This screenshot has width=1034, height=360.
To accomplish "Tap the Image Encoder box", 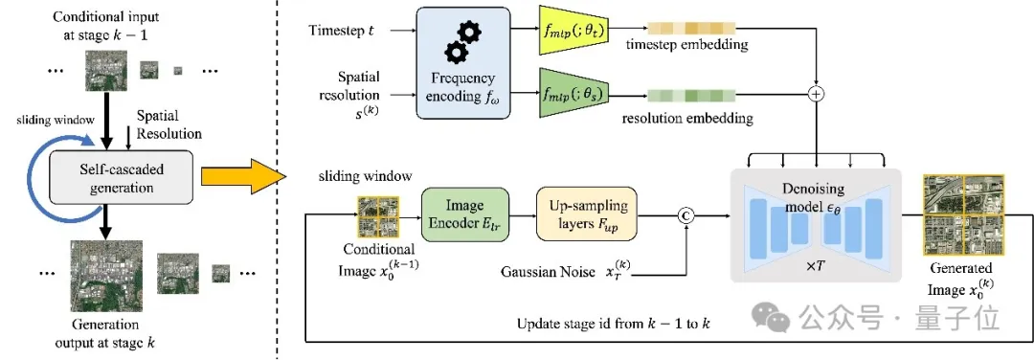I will tap(463, 214).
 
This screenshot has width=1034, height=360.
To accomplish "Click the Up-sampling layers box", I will tap(586, 214).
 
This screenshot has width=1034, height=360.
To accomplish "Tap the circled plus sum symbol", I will tap(815, 95).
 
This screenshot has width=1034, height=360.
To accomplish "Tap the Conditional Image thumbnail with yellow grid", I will tap(374, 215).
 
